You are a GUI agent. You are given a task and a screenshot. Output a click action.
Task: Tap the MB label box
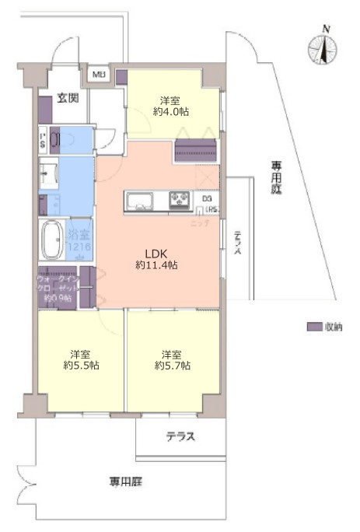tap(99, 75)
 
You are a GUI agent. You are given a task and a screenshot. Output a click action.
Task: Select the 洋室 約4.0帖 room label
tap(172, 106)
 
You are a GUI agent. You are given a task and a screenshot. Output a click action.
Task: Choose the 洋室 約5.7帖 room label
tap(172, 358)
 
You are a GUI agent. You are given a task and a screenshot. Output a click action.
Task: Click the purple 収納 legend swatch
tap(314, 327)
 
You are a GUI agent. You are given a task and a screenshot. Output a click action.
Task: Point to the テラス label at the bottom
tap(180, 436)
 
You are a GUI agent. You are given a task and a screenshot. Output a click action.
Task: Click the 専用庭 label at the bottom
tap(126, 482)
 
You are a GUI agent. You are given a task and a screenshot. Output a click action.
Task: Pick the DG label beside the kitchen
tap(206, 198)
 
